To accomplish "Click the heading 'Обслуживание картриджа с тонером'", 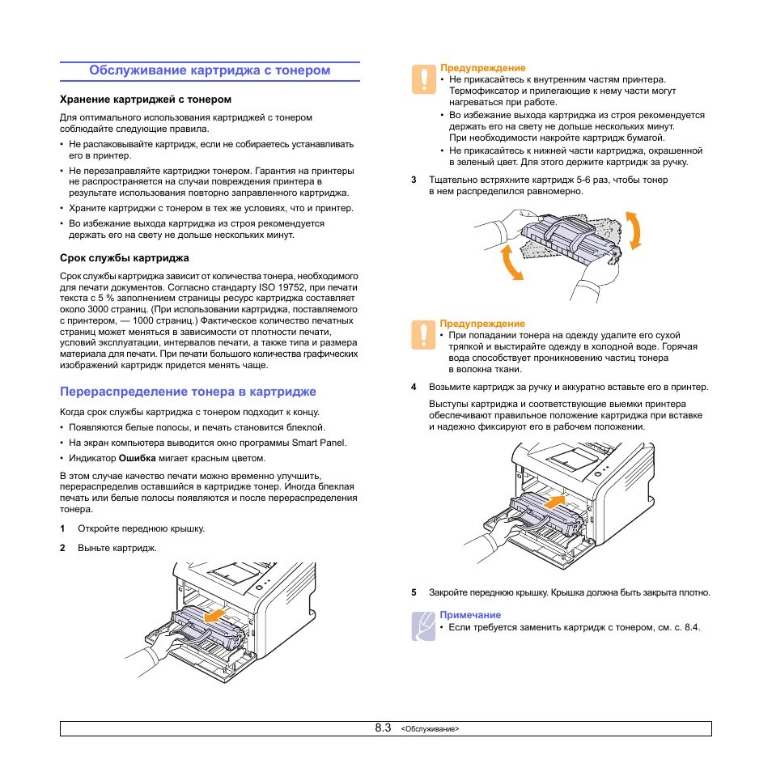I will click(210, 70).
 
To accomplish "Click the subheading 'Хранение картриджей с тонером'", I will click(146, 100).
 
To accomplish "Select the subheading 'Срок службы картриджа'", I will click(125, 258).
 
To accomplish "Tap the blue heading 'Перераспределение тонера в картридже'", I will click(188, 392).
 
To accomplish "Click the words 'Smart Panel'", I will click(318, 443).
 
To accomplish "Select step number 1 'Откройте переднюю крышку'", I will click(62, 528).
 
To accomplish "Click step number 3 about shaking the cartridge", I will click(414, 180).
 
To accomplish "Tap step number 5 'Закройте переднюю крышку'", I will click(414, 592).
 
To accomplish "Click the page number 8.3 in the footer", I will click(383, 728).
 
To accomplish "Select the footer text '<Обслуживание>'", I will click(430, 729).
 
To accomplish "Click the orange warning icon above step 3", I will click(422, 78).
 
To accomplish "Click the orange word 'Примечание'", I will click(470, 615).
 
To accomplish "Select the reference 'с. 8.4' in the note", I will click(683, 627).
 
